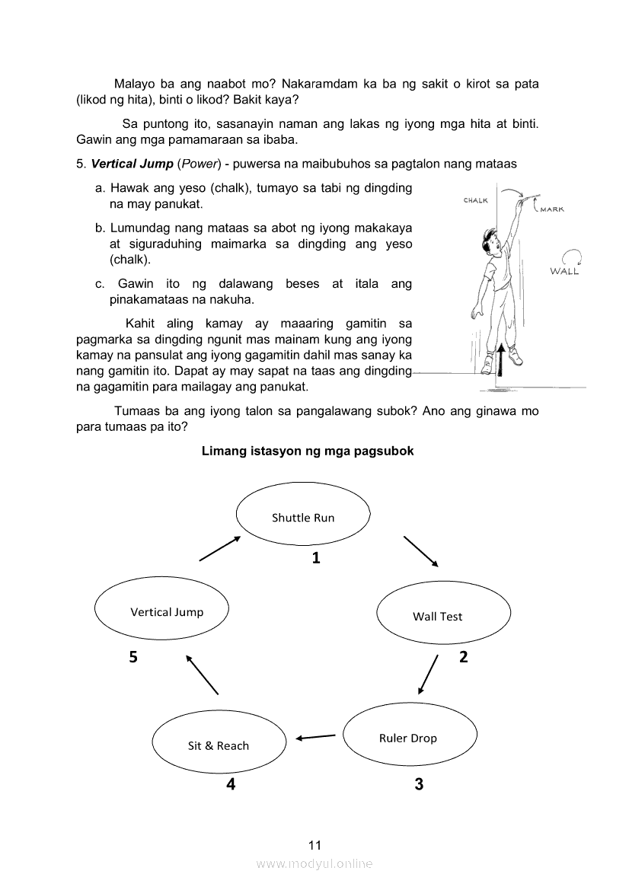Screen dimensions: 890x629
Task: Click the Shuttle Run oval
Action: (x=303, y=517)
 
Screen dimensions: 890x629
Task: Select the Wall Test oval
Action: (x=443, y=616)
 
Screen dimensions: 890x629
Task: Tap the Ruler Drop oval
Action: (x=410, y=737)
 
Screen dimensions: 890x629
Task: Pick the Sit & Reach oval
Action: (x=219, y=745)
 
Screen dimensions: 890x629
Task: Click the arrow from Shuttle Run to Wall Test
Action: (x=420, y=552)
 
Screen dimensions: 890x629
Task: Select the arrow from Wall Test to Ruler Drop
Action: (x=429, y=674)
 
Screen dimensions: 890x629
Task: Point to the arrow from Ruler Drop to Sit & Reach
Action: (x=315, y=736)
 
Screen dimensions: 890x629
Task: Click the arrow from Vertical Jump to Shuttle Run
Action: (x=220, y=548)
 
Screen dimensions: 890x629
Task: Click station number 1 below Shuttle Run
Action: (x=316, y=558)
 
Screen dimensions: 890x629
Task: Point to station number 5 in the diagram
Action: (x=133, y=658)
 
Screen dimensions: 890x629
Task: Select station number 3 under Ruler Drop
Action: (x=419, y=783)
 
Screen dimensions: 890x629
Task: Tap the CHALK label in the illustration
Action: (x=476, y=200)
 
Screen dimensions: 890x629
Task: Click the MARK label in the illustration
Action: (x=552, y=209)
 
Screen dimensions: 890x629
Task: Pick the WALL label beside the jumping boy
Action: (x=564, y=272)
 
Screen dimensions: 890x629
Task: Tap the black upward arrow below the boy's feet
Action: (x=500, y=359)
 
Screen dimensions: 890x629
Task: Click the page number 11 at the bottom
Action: (x=315, y=845)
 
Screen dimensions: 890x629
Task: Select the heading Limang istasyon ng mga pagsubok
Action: (x=308, y=451)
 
